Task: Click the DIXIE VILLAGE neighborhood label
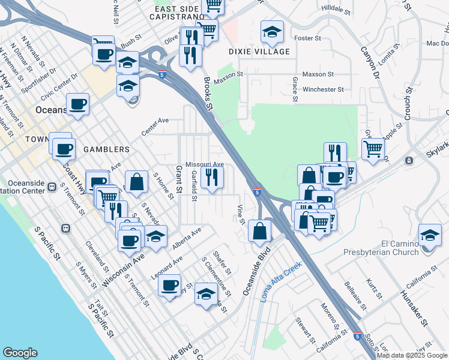[x=259, y=52]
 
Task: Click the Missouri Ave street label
[x=204, y=164]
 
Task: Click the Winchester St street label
[x=323, y=89]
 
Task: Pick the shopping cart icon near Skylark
[x=373, y=148]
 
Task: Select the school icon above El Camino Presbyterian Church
[x=430, y=234]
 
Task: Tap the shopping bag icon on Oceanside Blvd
[x=259, y=231]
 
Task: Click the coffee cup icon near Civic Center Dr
[x=78, y=104]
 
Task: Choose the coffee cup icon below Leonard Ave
[x=170, y=284]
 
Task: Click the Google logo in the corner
[x=20, y=353]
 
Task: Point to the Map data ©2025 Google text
[x=411, y=355]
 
